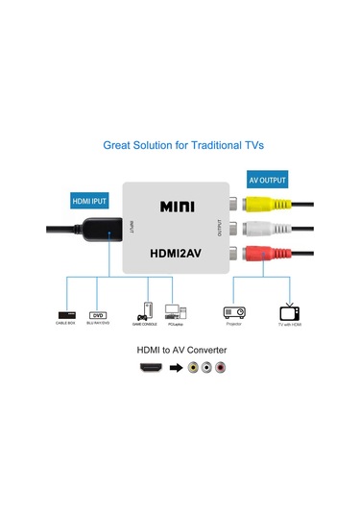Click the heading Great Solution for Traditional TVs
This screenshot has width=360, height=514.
[x=182, y=146]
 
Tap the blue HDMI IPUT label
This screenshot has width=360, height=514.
[x=89, y=202]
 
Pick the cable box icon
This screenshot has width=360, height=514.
[x=66, y=314]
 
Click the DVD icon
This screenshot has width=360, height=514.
[x=97, y=314]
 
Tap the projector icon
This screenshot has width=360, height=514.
[x=233, y=312]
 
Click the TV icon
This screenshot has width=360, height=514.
[x=290, y=312]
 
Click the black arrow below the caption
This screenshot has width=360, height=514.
[x=176, y=368]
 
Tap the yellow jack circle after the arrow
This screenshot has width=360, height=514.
[x=194, y=368]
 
